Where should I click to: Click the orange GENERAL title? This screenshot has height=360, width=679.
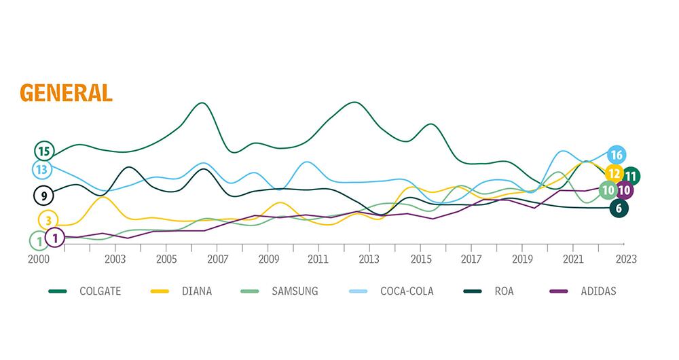pos(67,92)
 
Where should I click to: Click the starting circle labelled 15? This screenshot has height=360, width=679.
pos(45,151)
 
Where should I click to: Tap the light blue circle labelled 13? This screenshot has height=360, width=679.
pos(41,168)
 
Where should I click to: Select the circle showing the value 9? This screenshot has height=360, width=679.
pos(44,196)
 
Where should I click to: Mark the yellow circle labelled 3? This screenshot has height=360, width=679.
pos(48,220)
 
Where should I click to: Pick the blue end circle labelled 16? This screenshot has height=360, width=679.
pos(617,155)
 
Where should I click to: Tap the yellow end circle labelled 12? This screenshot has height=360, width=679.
pos(613,173)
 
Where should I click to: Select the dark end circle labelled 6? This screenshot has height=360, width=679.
pos(619,208)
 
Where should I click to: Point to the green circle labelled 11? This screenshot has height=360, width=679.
pos(631,176)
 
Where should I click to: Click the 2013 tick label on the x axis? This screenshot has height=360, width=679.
pos(369,259)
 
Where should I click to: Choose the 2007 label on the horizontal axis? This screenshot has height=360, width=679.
pos(217,259)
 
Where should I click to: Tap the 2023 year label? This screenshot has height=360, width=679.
pos(625,259)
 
